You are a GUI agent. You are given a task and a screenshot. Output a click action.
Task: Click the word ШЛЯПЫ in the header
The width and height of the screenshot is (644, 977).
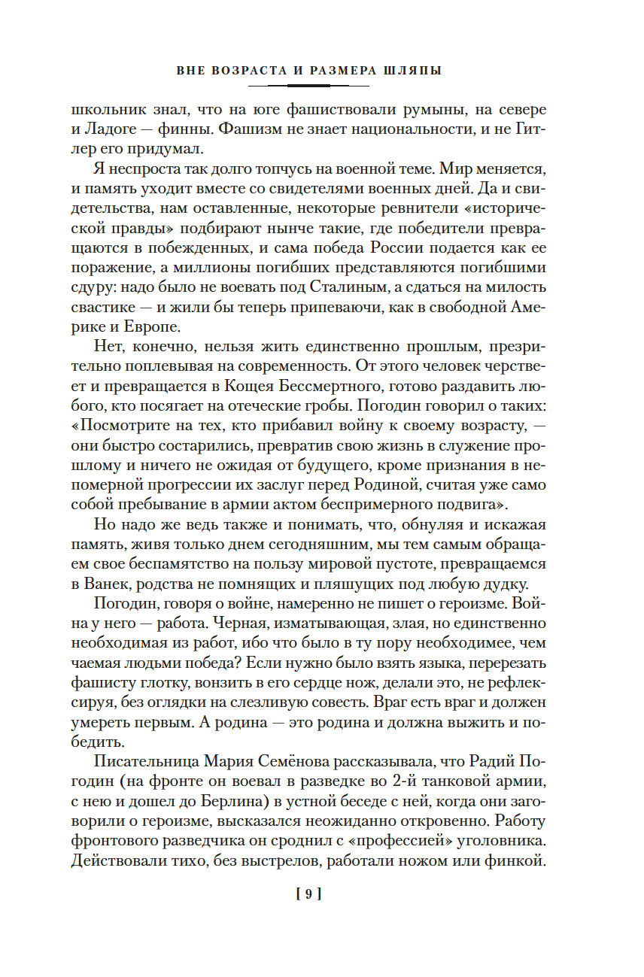(x=412, y=71)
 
